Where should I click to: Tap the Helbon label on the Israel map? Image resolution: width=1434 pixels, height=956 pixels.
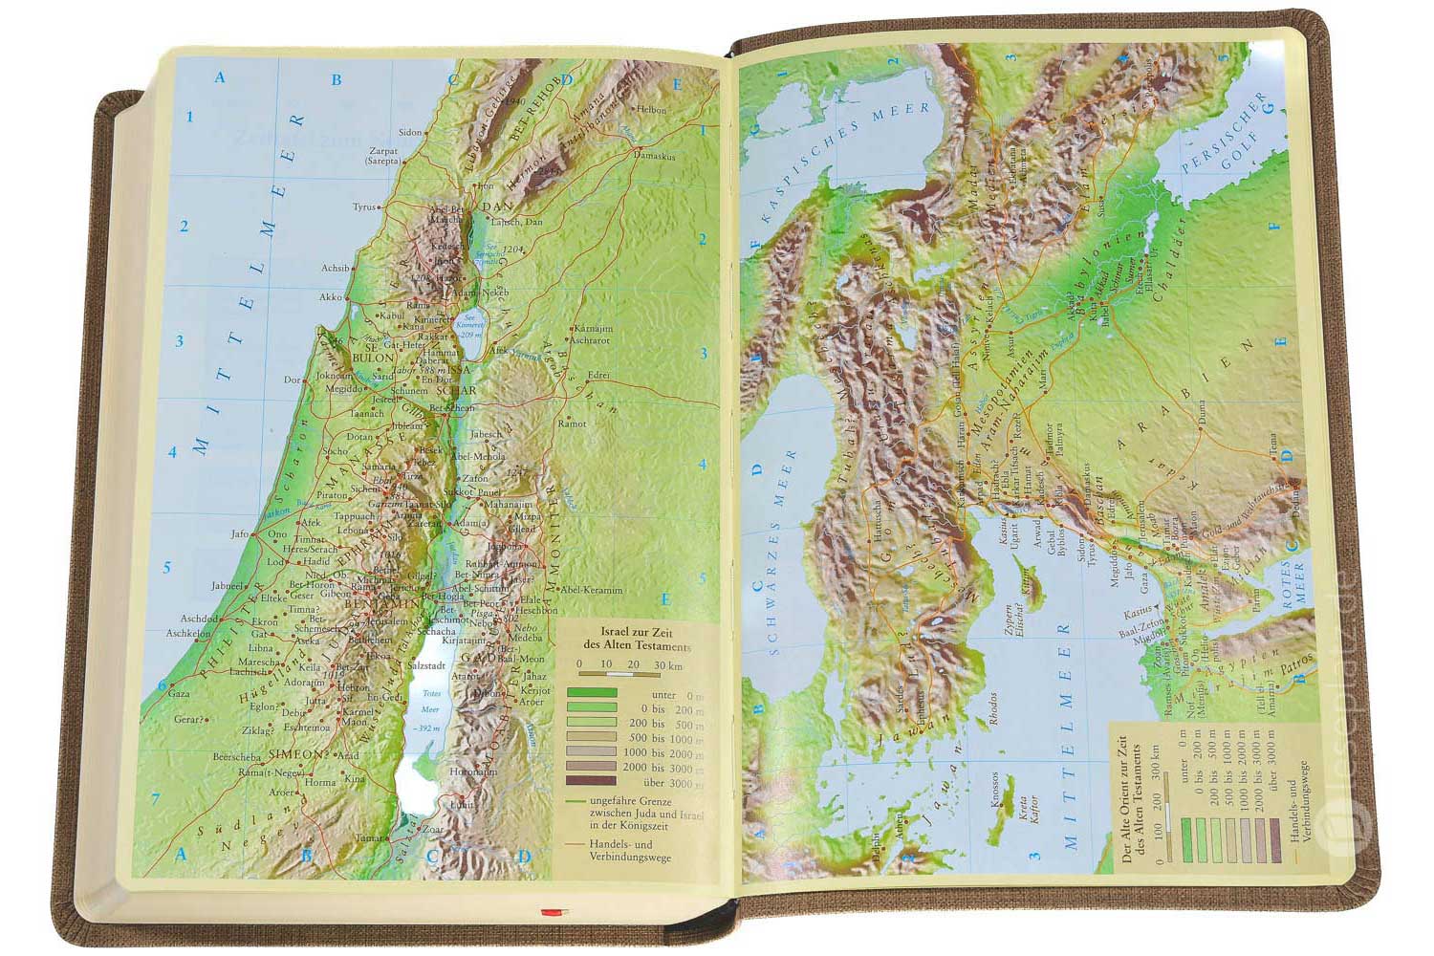[651, 110]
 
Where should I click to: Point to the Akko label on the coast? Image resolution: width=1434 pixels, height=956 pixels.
[330, 297]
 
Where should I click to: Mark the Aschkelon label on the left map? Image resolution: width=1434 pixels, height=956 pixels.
[187, 633]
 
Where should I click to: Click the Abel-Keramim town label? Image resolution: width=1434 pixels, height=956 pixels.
[592, 590]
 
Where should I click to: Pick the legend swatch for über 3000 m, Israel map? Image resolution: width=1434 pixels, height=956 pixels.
[593, 780]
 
